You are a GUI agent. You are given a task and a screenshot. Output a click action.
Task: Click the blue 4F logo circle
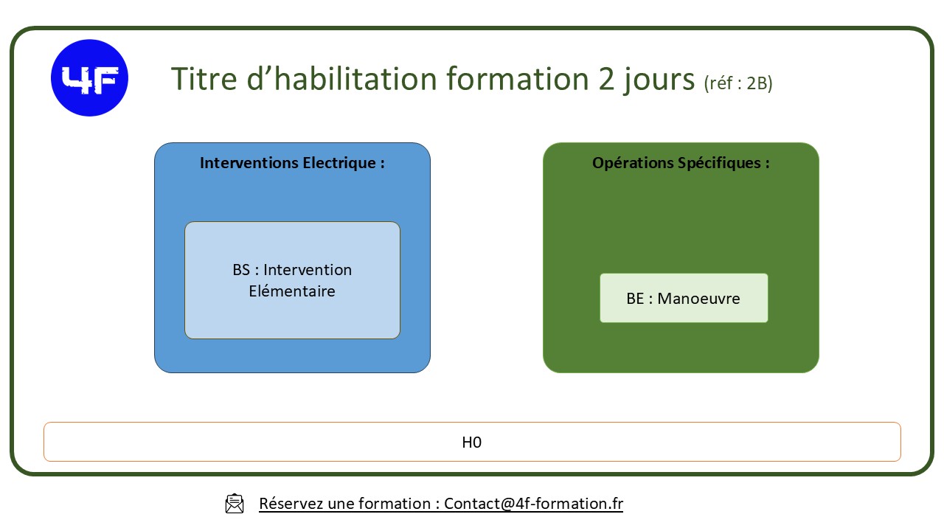point(89,78)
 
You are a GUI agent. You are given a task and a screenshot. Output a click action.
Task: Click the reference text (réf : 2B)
point(738,83)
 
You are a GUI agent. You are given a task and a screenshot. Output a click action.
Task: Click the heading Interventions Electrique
point(292,162)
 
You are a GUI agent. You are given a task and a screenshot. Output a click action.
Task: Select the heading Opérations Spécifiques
point(681,162)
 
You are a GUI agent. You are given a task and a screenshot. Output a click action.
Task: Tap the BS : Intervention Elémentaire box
point(292,280)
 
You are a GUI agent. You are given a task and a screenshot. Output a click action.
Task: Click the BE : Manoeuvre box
point(684,298)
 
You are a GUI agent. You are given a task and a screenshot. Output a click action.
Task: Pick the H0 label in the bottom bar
point(472,442)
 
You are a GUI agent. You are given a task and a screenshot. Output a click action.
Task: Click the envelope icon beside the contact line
point(235,504)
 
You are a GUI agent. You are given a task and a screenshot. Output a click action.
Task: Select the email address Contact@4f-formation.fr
point(533,504)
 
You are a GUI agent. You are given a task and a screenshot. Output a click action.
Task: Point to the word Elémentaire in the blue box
point(292,291)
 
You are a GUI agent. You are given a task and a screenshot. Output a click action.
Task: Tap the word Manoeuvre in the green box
point(698,299)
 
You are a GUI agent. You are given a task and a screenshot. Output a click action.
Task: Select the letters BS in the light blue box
point(241,270)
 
